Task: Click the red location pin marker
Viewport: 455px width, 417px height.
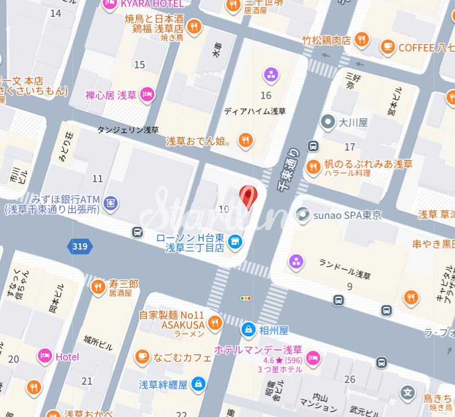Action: [x=248, y=196]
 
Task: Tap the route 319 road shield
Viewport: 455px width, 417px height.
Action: [x=79, y=246]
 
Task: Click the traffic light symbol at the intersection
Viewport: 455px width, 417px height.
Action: [x=246, y=298]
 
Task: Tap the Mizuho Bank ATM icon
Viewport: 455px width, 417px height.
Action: [x=111, y=201]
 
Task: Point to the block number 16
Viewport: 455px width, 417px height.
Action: [x=266, y=95]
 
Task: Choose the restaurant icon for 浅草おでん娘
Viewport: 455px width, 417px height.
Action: [x=244, y=140]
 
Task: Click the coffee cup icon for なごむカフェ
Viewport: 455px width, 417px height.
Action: [x=142, y=357]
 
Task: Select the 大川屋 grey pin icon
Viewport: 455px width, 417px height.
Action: [x=327, y=121]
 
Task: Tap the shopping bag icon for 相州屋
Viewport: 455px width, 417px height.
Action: [x=248, y=329]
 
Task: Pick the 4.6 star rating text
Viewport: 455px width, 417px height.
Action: [x=280, y=360]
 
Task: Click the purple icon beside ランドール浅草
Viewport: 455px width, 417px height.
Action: [x=296, y=261]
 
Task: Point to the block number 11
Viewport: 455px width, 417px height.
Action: [x=98, y=179]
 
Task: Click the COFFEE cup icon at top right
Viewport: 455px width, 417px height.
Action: [x=387, y=47]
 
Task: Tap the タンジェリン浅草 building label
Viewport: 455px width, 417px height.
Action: [x=128, y=130]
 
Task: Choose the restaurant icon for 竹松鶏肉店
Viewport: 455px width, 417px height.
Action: [x=361, y=39]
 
